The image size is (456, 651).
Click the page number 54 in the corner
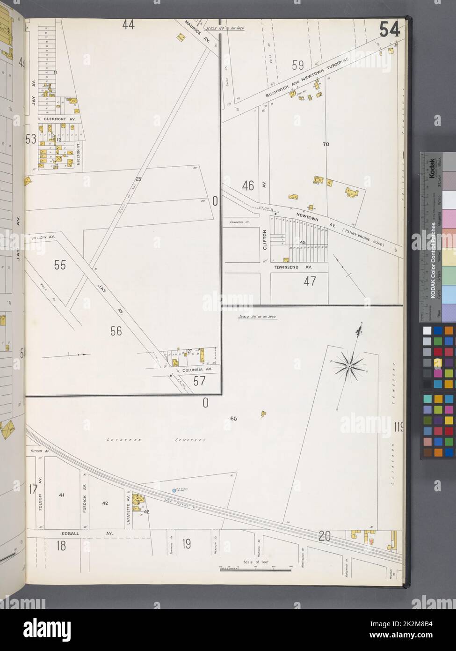point(389,30)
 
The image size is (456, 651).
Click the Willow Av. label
point(43,237)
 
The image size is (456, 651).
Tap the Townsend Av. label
point(294,266)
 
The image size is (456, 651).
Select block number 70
point(326,144)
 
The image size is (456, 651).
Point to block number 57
point(199,381)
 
